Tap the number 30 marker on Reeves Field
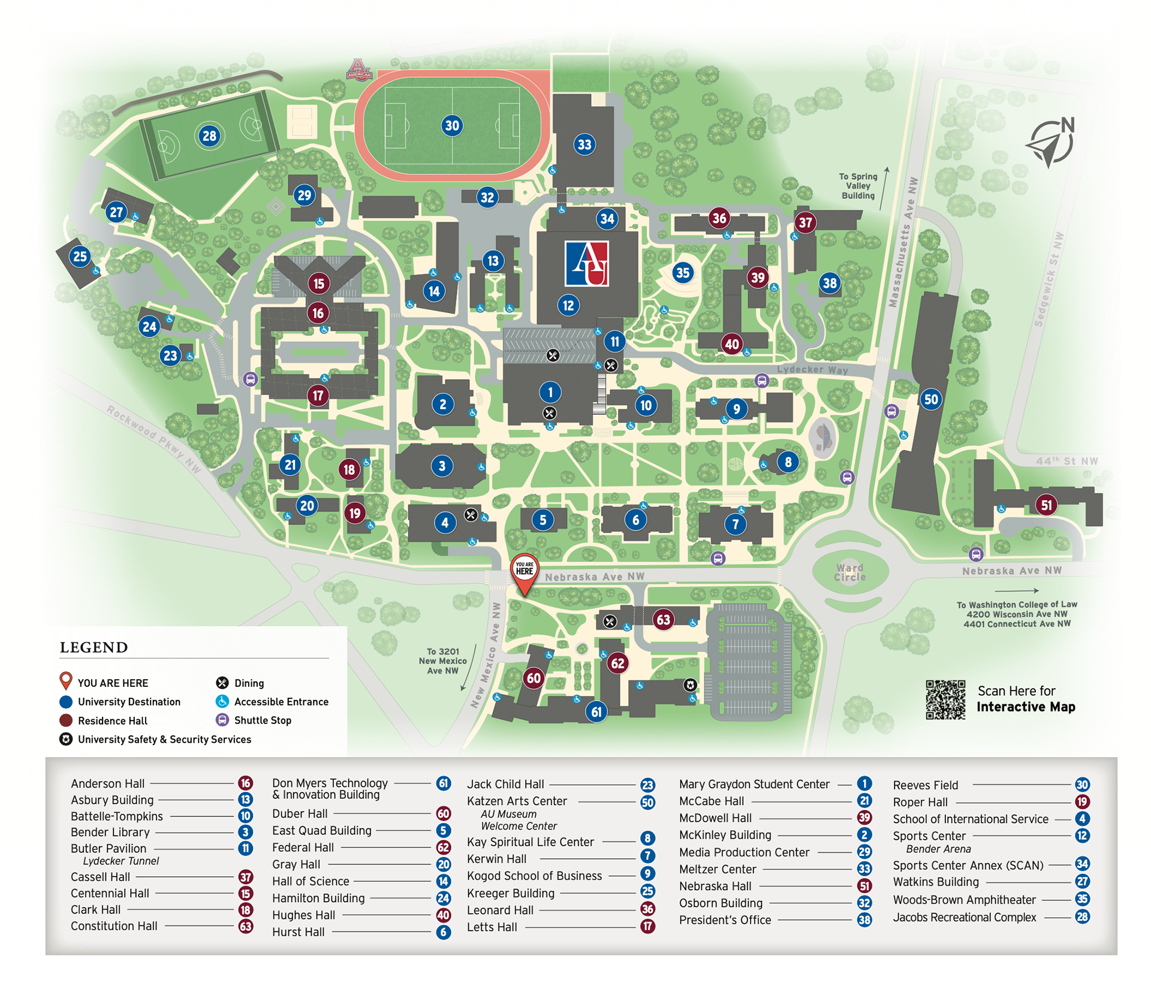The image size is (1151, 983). pos(452,126)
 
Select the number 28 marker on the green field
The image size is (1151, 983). pos(209,136)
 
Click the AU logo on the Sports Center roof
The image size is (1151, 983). pos(587,263)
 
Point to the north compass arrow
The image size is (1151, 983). pos(1051,143)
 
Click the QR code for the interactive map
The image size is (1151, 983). pos(945,699)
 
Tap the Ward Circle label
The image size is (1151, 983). pos(849,572)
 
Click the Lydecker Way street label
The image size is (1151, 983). pos(812,370)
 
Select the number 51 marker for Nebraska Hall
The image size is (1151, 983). pos(1047,505)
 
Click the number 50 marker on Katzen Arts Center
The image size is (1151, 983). pos(930,400)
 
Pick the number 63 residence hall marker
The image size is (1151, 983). pos(663,620)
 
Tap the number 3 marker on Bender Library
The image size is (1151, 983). pos(442,466)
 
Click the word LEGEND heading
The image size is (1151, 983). pos(94,647)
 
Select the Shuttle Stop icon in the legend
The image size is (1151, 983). pos(222,720)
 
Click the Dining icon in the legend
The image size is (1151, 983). pos(222,683)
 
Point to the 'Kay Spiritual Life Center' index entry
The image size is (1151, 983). pos(530,842)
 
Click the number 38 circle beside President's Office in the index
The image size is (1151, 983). pos(864,920)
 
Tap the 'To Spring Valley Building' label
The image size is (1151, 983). pos(858,186)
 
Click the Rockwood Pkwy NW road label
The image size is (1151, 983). pos(153,438)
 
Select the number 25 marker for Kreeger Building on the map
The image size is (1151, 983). pos(80,257)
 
